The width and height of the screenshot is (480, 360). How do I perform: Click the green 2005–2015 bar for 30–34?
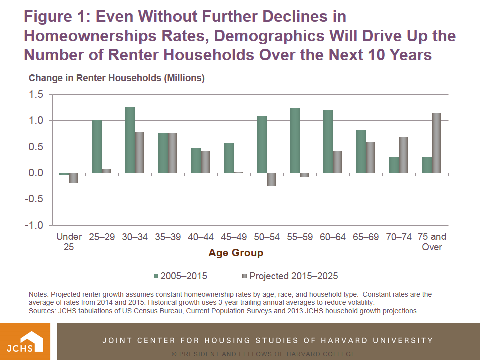(130, 140)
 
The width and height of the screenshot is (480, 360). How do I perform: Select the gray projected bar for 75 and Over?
(437, 143)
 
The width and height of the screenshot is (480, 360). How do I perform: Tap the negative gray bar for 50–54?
(271, 179)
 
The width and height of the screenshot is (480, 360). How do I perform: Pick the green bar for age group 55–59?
(295, 140)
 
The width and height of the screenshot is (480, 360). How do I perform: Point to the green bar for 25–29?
(97, 147)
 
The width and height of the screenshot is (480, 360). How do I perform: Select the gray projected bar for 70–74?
(404, 155)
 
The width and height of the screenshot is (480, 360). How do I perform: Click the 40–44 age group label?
(201, 237)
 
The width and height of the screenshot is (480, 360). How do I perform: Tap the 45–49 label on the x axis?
(234, 237)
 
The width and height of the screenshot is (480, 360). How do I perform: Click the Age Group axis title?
(236, 253)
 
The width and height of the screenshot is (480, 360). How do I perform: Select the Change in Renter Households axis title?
(117, 78)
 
